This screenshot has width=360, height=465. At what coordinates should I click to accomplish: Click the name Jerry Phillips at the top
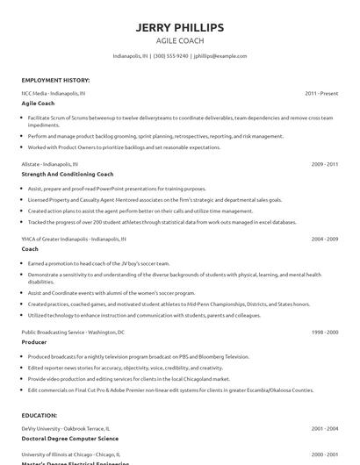180,27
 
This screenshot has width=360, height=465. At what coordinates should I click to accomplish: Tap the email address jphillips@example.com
220,55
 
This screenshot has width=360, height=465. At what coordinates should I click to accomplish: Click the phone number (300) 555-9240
170,55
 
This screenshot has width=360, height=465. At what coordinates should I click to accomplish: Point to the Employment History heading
55,80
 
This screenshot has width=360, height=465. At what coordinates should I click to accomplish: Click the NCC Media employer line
54,92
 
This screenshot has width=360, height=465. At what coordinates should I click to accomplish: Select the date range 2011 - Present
321,92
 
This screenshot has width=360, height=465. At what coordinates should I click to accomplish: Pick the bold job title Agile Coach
38,103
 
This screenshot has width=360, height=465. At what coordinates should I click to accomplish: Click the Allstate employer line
53,163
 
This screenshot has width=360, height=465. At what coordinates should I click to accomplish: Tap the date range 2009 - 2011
324,163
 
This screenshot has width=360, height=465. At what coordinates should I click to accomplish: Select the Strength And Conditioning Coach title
68,174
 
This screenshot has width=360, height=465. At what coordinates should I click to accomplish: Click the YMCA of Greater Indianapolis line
74,238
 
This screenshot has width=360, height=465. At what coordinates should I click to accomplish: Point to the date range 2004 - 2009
324,238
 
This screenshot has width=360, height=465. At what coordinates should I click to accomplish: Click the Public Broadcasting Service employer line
73,333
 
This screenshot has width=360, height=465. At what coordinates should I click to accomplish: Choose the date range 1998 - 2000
324,333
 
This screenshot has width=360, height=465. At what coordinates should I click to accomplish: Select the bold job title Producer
35,342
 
